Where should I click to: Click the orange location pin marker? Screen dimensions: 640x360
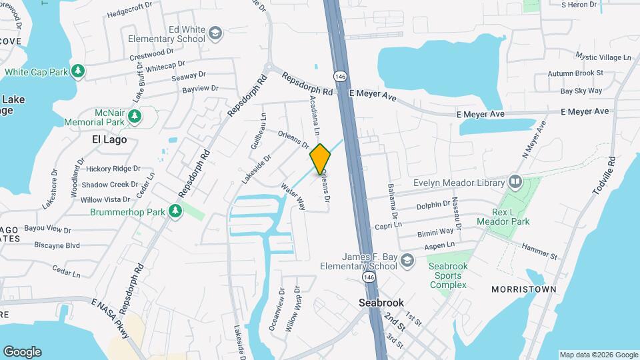320,159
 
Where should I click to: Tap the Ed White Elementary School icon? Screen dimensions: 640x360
215,33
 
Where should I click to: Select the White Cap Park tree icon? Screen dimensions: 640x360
79,71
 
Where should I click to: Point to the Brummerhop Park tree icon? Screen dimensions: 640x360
175,211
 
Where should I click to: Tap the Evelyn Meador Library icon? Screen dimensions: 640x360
515,181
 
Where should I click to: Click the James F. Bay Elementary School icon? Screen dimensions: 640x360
406,262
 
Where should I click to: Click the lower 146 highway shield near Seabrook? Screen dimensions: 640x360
368,276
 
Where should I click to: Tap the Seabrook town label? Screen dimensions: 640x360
381,302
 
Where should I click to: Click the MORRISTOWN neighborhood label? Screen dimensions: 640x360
523,289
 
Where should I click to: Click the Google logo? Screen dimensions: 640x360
22,352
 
